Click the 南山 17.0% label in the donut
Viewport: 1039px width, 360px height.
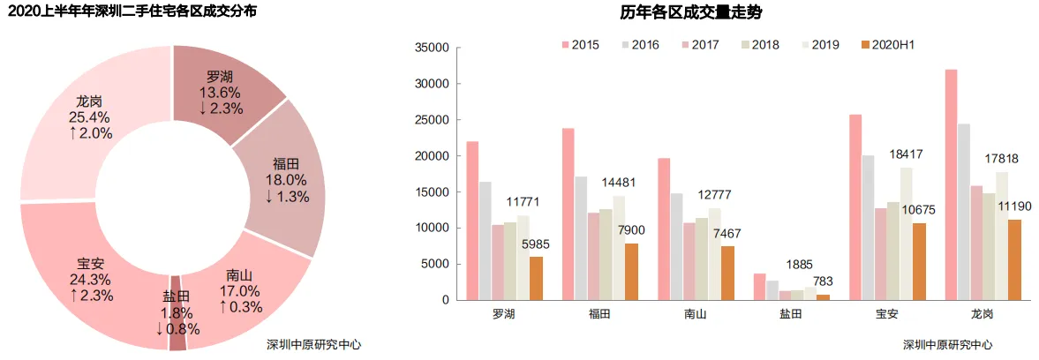pyautogui.click(x=242, y=290)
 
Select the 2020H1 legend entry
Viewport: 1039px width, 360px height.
pyautogui.click(x=892, y=44)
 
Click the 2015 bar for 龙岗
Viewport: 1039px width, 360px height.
pyautogui.click(x=951, y=185)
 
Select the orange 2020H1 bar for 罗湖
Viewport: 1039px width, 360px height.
pyautogui.click(x=536, y=278)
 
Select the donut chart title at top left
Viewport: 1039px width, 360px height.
pyautogui.click(x=132, y=12)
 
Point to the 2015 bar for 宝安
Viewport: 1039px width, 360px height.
pyautogui.click(x=855, y=207)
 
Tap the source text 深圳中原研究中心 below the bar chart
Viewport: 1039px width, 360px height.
pyautogui.click(x=947, y=345)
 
